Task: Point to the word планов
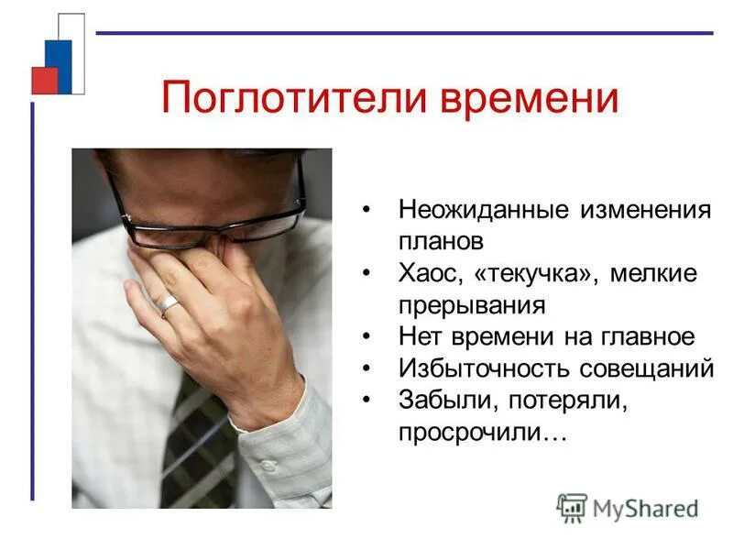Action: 440,242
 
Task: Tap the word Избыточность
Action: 483,368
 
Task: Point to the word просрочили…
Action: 482,432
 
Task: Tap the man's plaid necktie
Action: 197,440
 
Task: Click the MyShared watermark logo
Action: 628,507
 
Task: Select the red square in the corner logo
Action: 44,81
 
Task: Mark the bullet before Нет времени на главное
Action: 367,337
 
